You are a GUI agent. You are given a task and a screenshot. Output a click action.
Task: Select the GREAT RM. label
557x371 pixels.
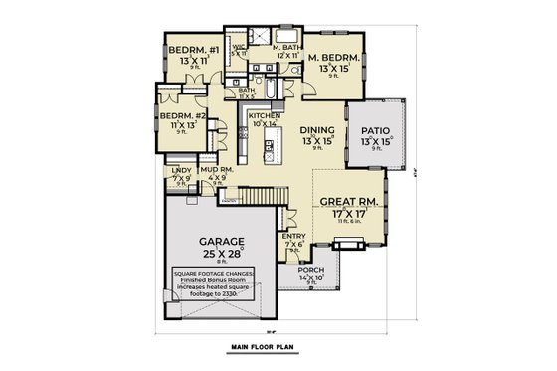(x=347, y=200)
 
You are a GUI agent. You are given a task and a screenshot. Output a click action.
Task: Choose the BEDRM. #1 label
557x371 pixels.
(x=187, y=50)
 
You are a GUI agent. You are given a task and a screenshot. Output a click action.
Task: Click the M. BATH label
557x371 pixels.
(x=266, y=47)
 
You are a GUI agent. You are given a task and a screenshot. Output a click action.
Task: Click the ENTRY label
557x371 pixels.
(x=294, y=235)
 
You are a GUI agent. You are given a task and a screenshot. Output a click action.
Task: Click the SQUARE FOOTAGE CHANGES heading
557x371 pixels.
(x=211, y=272)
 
